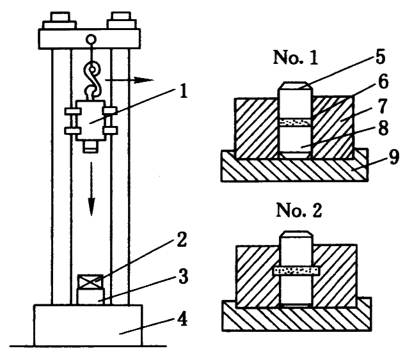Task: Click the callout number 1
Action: point(183,92)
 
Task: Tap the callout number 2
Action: point(182,240)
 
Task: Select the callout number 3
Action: point(183,277)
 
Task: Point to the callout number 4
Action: point(182,320)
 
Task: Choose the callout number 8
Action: point(383,129)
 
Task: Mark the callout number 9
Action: point(393,157)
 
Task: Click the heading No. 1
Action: point(296,58)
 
